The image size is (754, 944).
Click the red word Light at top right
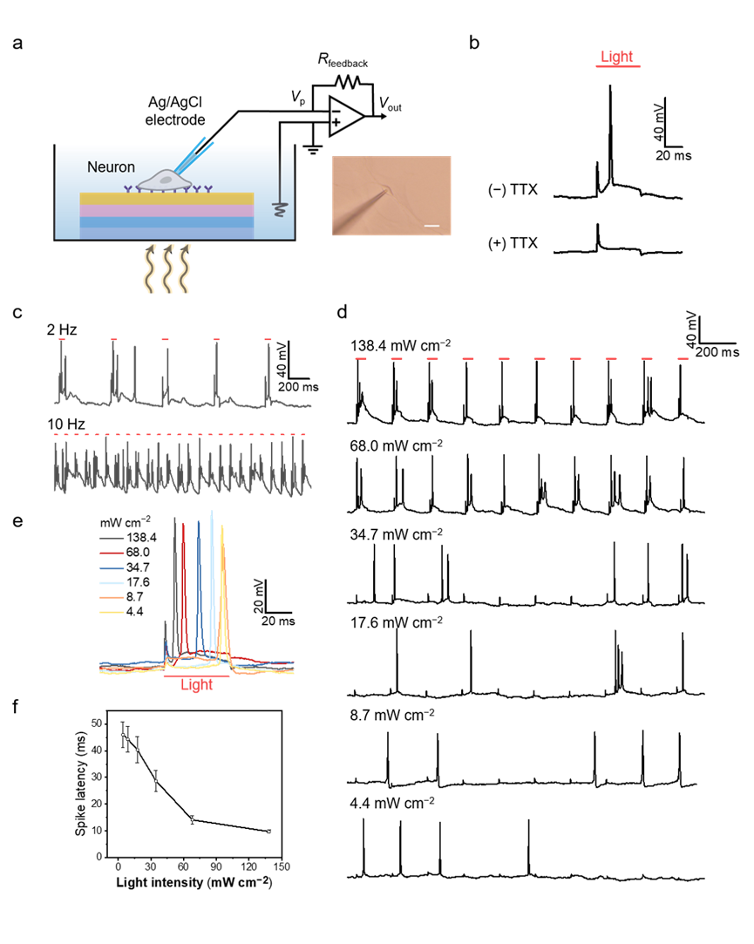click(x=616, y=57)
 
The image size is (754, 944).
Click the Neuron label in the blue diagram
click(x=111, y=167)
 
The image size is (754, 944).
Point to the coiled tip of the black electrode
click(x=280, y=209)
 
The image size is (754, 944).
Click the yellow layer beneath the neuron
click(x=166, y=199)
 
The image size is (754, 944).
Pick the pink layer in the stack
click(x=166, y=211)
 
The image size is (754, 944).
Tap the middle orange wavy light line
click(x=167, y=268)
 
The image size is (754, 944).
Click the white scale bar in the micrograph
click(x=431, y=227)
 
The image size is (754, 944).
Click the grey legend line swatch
click(x=112, y=539)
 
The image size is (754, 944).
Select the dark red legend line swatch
click(x=112, y=553)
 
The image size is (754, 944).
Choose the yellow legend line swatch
click(x=112, y=612)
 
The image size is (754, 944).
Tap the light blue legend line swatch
click(x=112, y=582)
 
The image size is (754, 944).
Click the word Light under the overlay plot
click(x=196, y=685)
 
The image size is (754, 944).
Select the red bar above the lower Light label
click(x=196, y=676)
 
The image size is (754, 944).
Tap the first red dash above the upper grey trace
click(x=62, y=339)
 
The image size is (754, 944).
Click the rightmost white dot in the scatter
click(x=268, y=832)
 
